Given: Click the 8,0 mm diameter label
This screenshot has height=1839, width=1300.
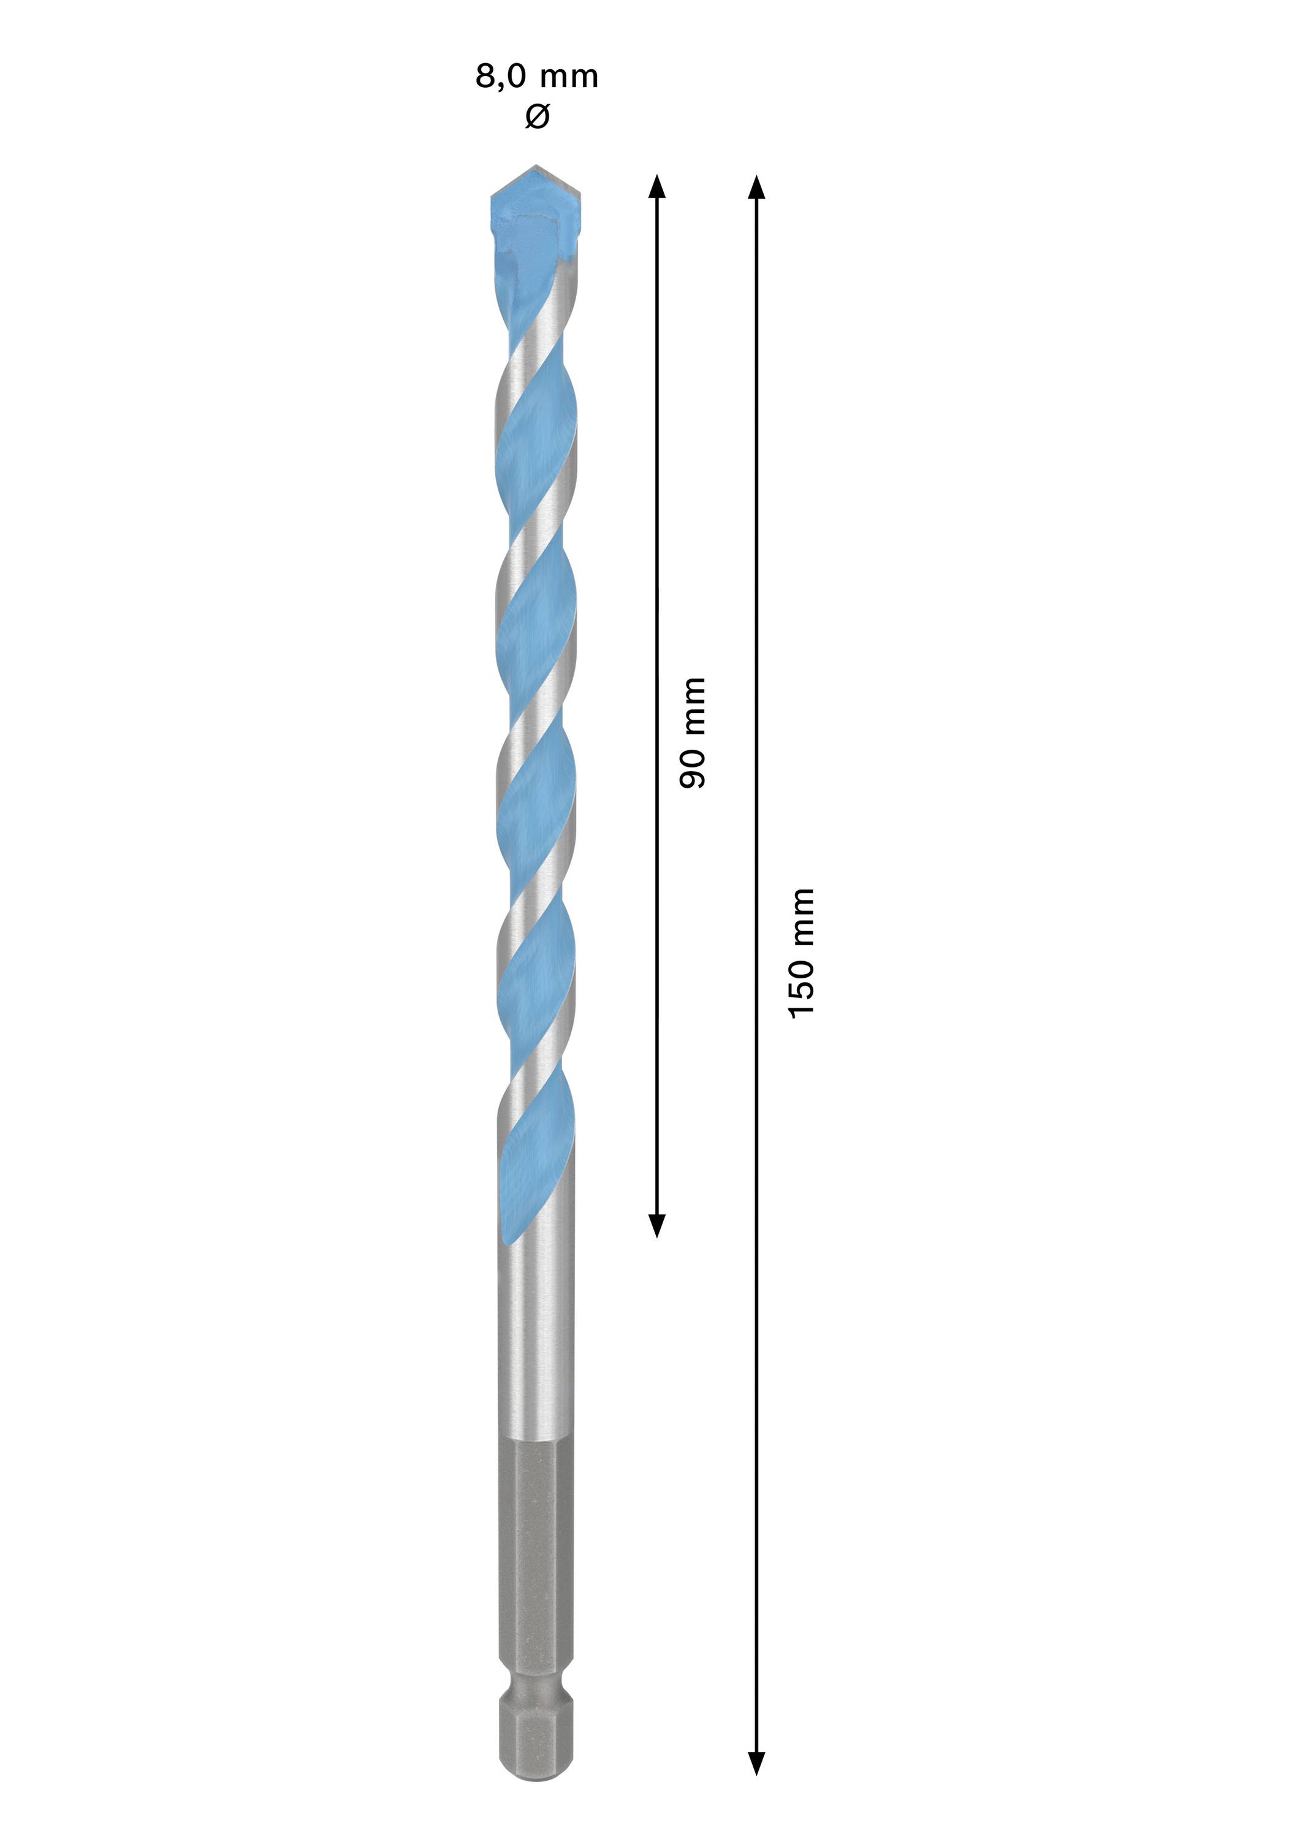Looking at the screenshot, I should pos(537,77).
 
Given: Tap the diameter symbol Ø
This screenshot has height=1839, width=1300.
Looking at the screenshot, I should pos(537,117).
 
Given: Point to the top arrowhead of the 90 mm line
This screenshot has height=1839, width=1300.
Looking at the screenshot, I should pos(657,186).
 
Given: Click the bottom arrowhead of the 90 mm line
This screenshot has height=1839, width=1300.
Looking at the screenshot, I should pos(657,1225).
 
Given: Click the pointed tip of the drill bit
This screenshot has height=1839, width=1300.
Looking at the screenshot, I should pos(536,167).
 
